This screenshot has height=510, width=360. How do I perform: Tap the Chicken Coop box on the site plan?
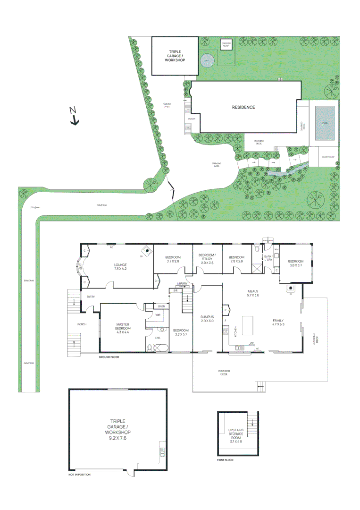(226, 44)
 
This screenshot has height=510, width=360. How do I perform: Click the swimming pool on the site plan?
(325, 123)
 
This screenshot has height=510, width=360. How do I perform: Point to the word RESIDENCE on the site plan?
(243, 107)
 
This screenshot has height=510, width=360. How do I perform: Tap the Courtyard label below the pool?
(328, 157)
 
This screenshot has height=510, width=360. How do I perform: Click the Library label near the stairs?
(183, 283)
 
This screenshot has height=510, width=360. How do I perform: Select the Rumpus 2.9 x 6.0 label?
(208, 319)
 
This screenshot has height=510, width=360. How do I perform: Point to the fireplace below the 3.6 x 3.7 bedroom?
(291, 288)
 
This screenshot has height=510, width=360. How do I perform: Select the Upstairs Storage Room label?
(235, 435)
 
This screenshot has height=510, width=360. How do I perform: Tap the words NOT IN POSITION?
(79, 475)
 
